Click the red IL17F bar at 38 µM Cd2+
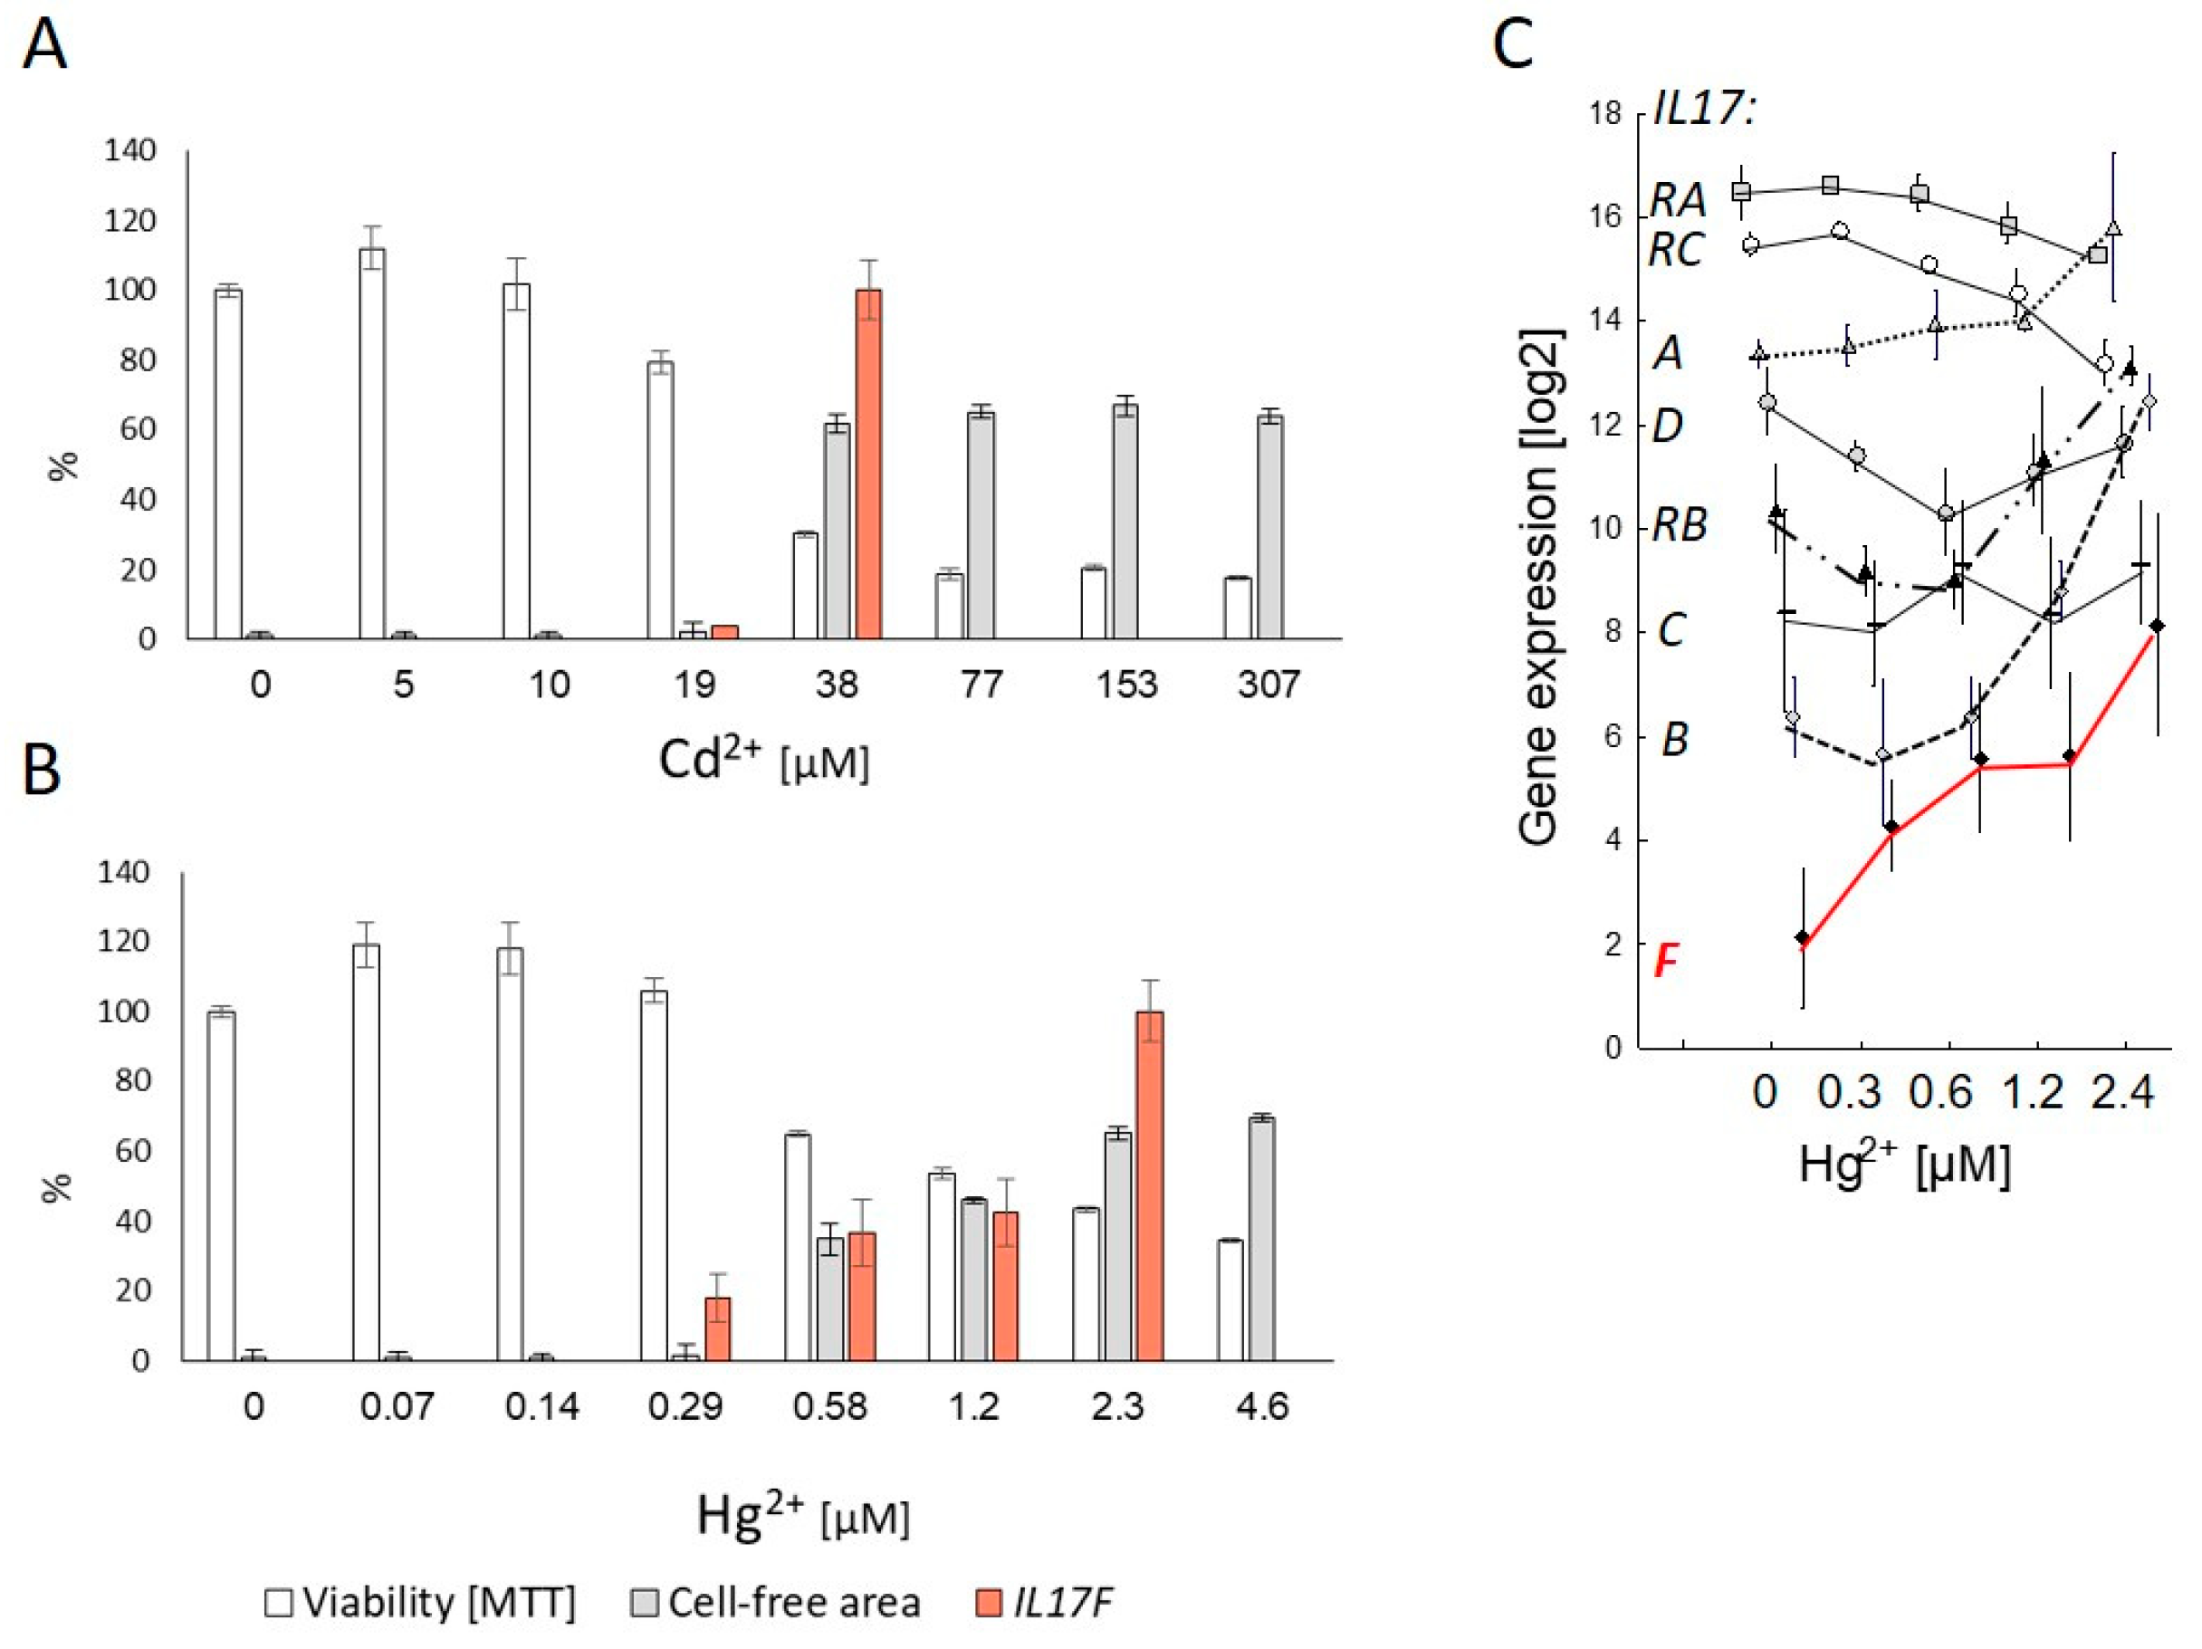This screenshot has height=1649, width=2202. [x=868, y=463]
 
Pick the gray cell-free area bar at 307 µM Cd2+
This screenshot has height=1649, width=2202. [x=1270, y=527]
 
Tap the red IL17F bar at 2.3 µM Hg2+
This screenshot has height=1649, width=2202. [x=1150, y=1185]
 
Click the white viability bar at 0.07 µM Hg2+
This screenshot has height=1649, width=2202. [x=366, y=1151]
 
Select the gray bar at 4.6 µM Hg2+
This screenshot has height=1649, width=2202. [x=1262, y=1238]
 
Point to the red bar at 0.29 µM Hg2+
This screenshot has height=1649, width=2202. [x=717, y=1328]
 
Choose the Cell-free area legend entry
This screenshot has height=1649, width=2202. [x=777, y=1602]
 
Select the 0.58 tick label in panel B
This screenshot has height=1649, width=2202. [x=829, y=1407]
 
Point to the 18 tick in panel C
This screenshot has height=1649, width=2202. [x=1604, y=113]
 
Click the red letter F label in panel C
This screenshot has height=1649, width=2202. [x=1666, y=962]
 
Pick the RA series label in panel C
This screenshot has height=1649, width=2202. [x=1679, y=200]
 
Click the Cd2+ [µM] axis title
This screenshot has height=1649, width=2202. [x=763, y=762]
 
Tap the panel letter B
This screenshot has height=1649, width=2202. [x=42, y=770]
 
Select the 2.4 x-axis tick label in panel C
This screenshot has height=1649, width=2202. [x=2122, y=1092]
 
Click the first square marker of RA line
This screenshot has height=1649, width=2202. [x=1741, y=190]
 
